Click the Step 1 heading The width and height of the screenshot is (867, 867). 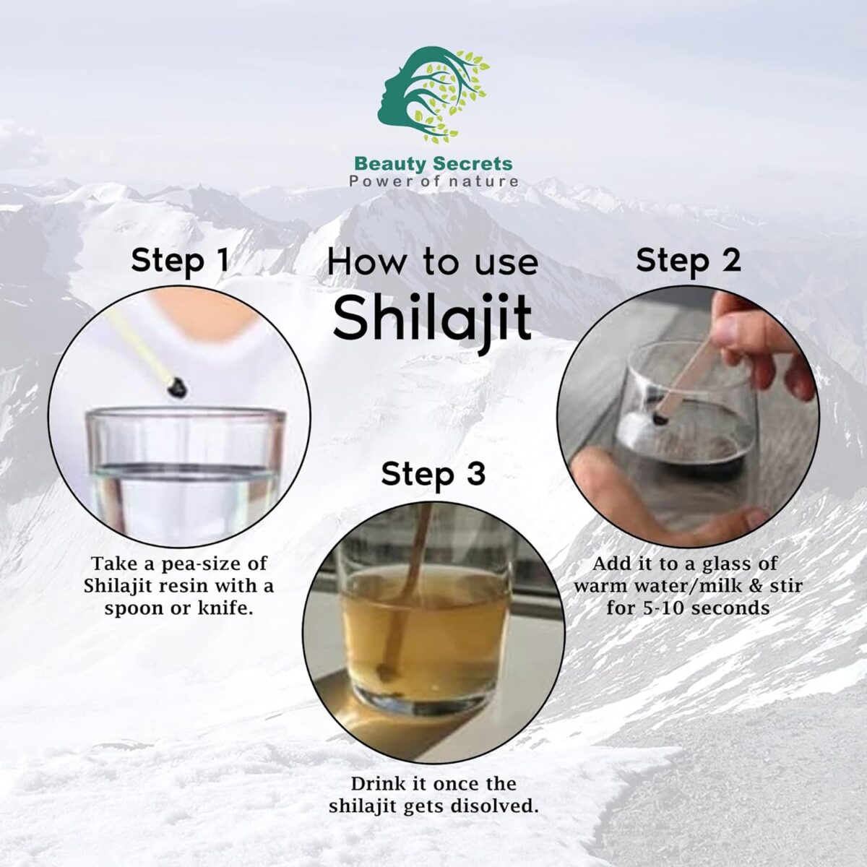180,262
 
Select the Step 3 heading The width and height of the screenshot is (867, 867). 433,475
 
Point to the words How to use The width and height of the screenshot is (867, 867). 432,262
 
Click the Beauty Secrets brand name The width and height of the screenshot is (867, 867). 433,164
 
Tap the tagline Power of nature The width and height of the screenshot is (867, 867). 433,181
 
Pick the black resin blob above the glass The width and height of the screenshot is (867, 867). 173,388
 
